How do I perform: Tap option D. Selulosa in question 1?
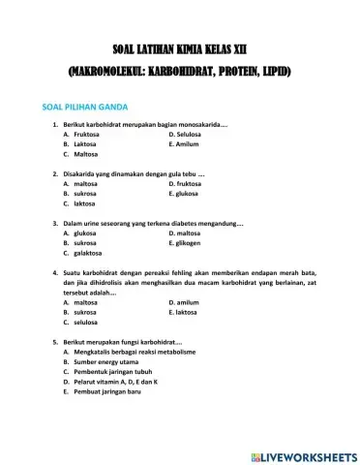(187, 134)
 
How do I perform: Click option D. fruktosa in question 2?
(188, 183)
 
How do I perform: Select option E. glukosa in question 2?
(187, 194)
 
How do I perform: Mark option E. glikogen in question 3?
(188, 243)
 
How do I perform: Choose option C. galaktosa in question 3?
(86, 253)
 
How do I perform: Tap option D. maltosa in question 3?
(187, 232)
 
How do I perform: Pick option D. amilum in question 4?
(186, 302)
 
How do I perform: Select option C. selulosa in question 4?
(85, 323)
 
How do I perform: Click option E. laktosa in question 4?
(186, 313)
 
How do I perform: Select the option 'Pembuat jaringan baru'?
(107, 392)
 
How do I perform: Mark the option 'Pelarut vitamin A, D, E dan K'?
(114, 383)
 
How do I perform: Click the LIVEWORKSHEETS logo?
(303, 455)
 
